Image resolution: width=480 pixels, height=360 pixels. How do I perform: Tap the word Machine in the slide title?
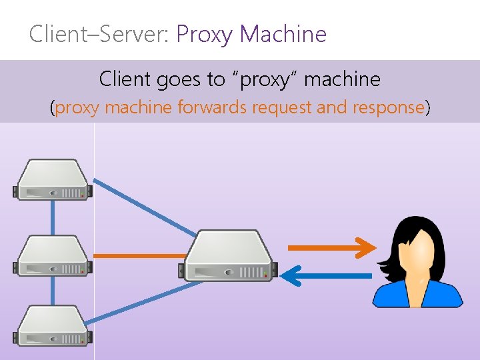point(283,33)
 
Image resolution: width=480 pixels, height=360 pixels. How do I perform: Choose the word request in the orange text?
point(283,107)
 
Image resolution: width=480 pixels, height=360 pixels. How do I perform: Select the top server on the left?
point(53,179)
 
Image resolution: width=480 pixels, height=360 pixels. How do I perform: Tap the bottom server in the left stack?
point(53,327)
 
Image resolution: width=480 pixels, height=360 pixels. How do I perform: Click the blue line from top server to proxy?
point(143,206)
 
